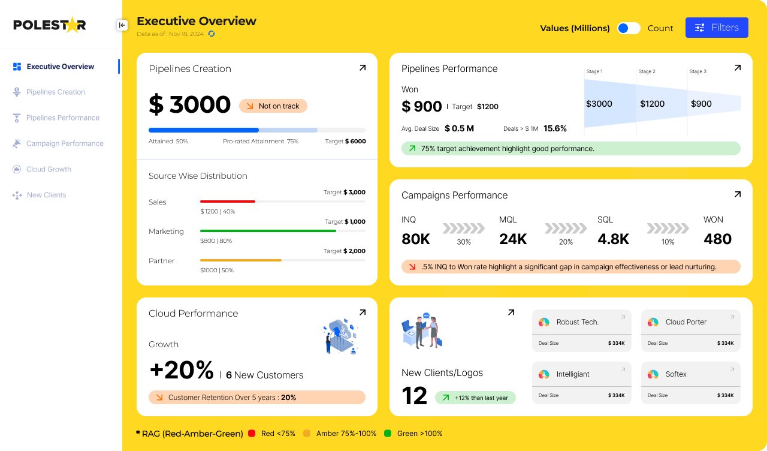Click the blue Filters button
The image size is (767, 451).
(717, 28)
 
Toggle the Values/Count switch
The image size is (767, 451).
(629, 28)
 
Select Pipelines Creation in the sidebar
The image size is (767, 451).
(55, 92)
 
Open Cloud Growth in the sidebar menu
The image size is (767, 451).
(49, 170)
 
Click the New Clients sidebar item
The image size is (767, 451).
(46, 196)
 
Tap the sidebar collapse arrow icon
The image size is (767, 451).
(122, 25)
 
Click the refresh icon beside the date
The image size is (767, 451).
(212, 34)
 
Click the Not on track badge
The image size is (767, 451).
(273, 106)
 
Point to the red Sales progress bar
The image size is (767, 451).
(228, 202)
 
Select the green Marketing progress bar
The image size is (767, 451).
(268, 231)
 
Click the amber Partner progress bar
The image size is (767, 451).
(241, 260)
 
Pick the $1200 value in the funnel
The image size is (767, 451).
(652, 104)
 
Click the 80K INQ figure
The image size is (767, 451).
(416, 239)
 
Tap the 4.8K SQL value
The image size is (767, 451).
(613, 239)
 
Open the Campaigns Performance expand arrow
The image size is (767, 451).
(738, 194)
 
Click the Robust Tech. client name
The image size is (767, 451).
(577, 322)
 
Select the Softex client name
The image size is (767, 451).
(676, 374)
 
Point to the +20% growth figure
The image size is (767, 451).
(182, 370)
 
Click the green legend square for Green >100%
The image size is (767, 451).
(388, 434)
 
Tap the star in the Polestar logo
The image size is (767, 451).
(72, 25)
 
